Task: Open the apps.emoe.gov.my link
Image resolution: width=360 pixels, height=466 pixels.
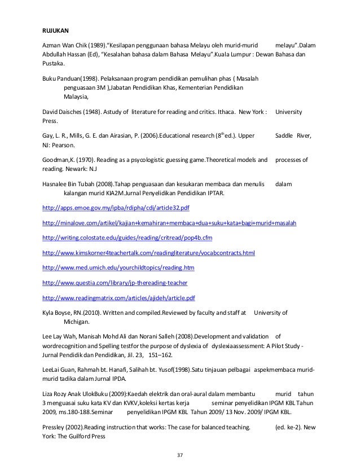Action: (116, 208)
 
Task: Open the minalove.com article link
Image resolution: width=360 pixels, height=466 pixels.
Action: (170, 222)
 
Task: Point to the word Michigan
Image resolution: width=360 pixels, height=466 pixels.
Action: (76, 321)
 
